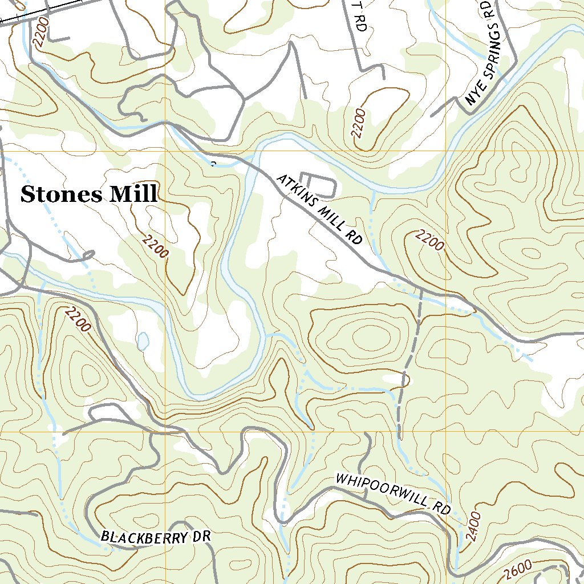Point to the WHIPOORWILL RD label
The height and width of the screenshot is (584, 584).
coord(393,493)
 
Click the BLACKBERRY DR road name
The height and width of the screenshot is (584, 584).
coord(156,537)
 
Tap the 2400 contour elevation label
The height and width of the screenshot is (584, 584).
coord(473,526)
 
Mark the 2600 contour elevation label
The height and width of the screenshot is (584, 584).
coord(518,569)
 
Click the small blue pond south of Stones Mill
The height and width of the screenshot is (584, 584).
coord(143,342)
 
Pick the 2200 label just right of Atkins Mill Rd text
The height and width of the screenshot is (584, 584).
coord(429,240)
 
